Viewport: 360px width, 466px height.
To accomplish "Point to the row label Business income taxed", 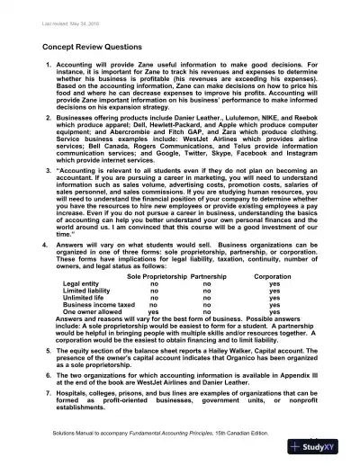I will pos(99,308).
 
